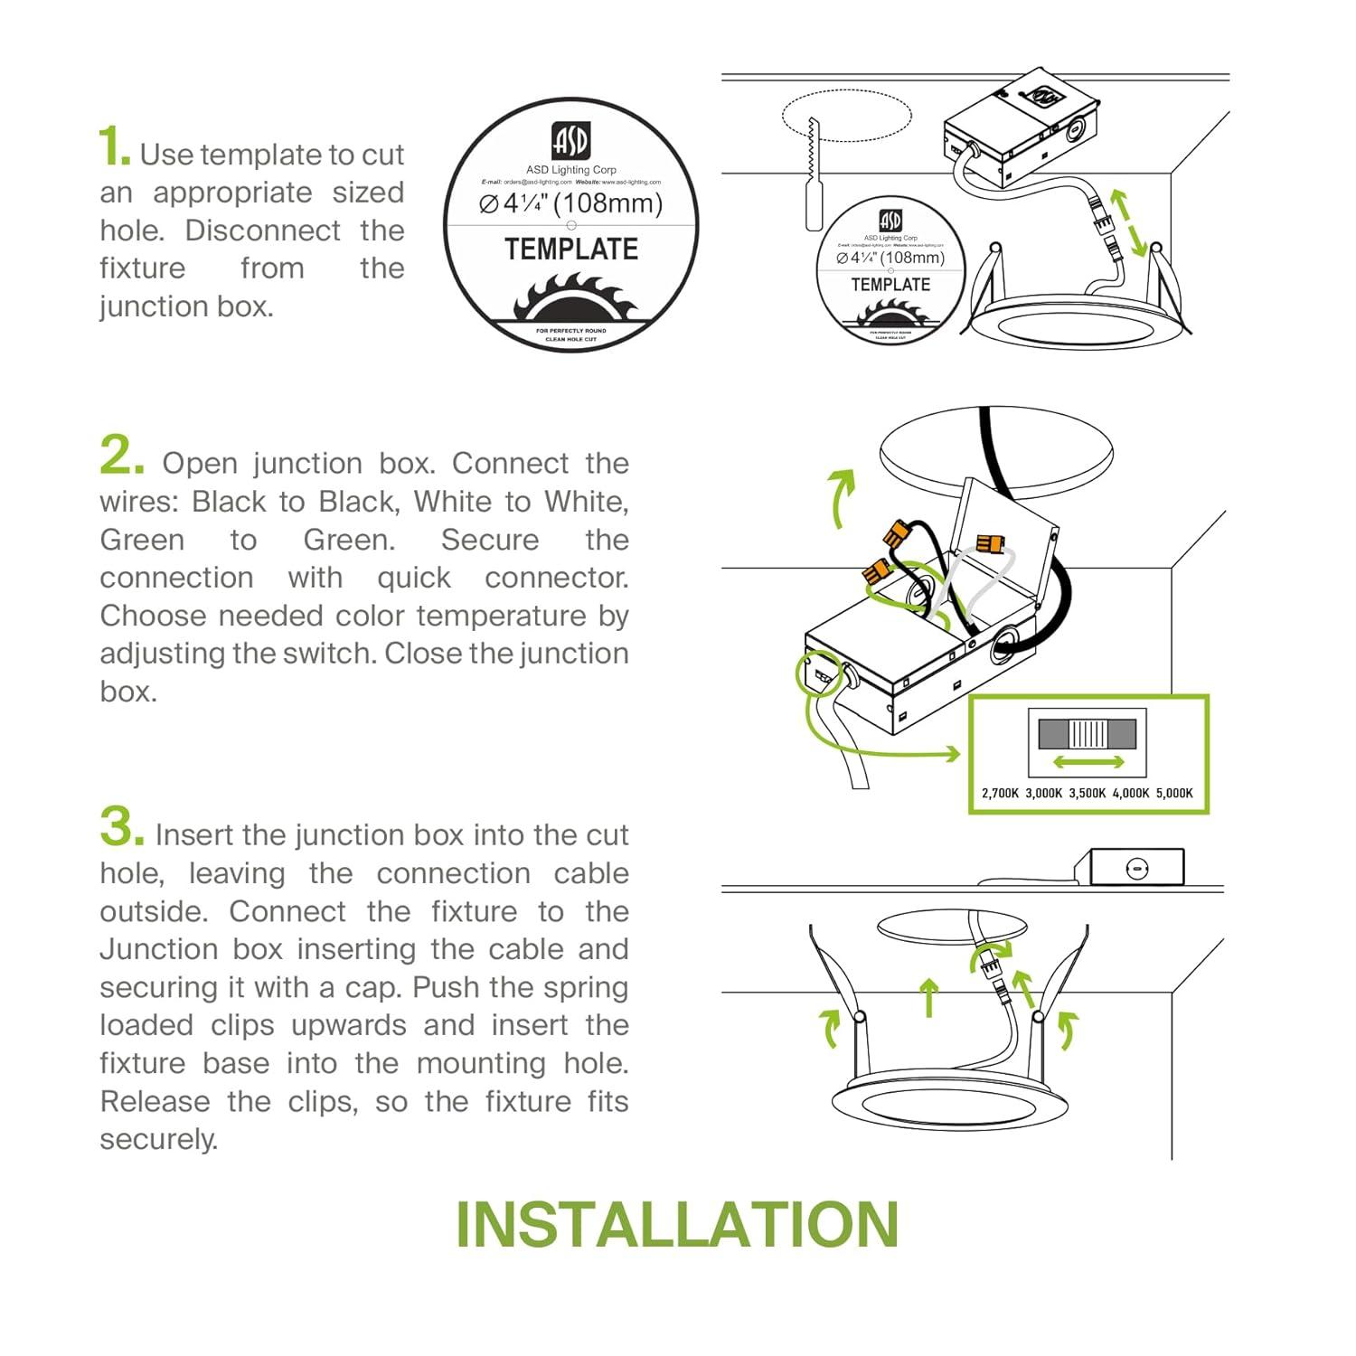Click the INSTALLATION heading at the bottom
(x=677, y=1225)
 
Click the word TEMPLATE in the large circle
(x=571, y=250)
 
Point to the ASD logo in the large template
(x=570, y=141)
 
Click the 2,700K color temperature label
(x=1000, y=793)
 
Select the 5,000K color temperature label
(x=1174, y=793)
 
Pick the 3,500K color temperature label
(x=1088, y=793)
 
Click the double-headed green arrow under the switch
(x=1088, y=762)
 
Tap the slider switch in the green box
(x=1088, y=733)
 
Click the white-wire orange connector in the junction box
(x=989, y=544)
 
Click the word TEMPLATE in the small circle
(x=890, y=285)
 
